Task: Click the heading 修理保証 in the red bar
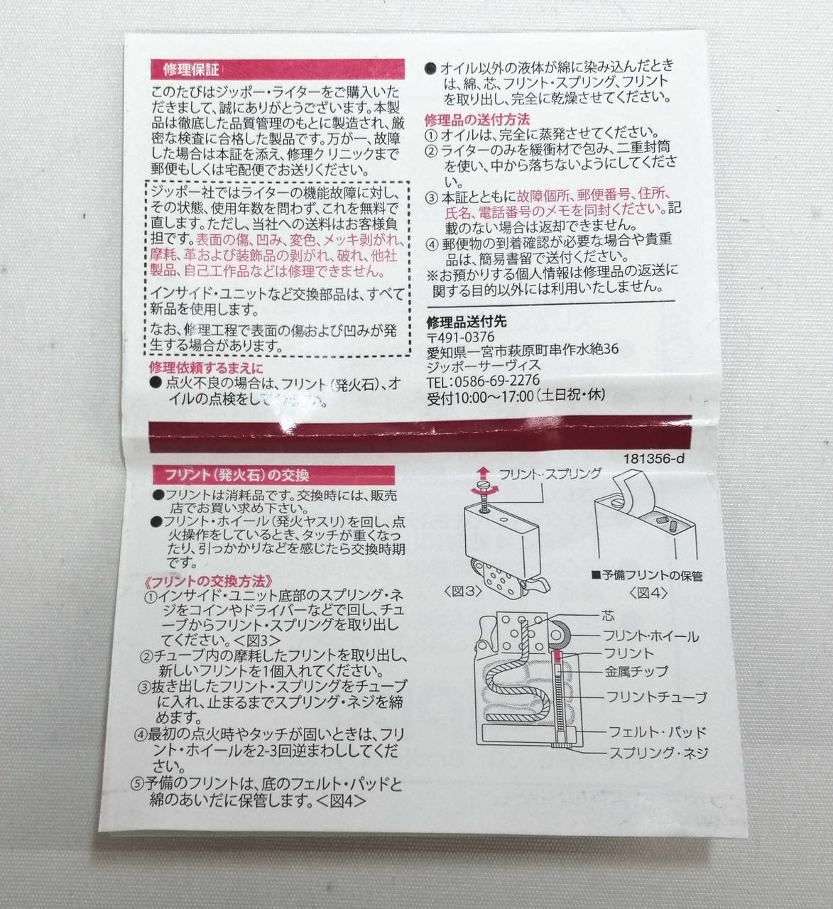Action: click(x=191, y=70)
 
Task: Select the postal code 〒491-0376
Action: click(x=460, y=337)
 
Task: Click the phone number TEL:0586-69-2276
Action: click(x=483, y=381)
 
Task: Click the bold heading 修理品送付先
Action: click(x=467, y=320)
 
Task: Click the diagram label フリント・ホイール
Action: click(x=650, y=636)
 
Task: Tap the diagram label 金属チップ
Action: click(x=636, y=670)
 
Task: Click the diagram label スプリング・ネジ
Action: click(x=658, y=753)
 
